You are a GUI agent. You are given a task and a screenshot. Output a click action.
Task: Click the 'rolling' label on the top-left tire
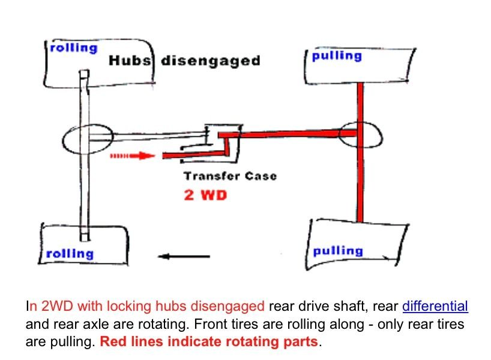[x=73, y=48]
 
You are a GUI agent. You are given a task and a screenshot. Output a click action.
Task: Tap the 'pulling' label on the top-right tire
[x=337, y=56]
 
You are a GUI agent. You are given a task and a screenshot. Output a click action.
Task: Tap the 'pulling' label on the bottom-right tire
[x=338, y=251]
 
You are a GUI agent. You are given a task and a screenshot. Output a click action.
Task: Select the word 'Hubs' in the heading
[x=130, y=61]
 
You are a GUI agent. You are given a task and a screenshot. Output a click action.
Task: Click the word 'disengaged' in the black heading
[x=210, y=61]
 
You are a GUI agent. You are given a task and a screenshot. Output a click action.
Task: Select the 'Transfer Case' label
[x=230, y=176]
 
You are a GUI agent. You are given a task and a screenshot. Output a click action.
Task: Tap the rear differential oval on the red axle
[x=360, y=133]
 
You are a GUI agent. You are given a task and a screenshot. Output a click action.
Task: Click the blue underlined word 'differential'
[x=435, y=306]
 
